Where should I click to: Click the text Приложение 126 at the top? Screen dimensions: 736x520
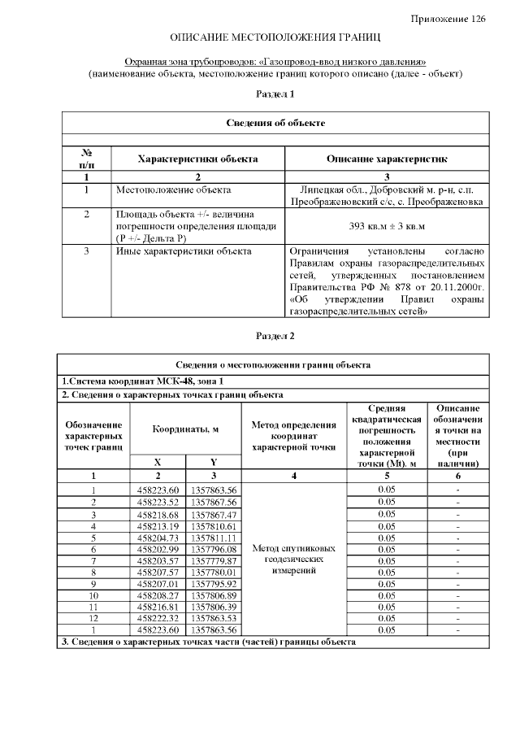tap(448, 19)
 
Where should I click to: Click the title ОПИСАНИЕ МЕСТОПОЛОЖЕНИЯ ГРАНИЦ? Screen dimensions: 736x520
tap(275, 37)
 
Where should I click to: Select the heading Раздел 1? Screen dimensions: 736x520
tap(275, 94)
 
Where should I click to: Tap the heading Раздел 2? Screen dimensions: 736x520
tap(275, 336)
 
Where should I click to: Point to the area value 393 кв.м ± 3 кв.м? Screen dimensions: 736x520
tap(387, 226)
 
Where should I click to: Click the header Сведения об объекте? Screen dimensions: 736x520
tap(275, 123)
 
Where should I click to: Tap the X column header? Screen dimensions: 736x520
tap(158, 462)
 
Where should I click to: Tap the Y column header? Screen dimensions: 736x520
tap(213, 462)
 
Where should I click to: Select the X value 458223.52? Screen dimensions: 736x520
tap(158, 502)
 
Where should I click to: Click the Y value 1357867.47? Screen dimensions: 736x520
tap(213, 514)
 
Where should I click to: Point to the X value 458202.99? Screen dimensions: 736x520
tap(158, 549)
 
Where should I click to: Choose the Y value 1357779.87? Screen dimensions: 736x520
tap(213, 560)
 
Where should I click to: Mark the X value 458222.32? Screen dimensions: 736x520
tap(158, 619)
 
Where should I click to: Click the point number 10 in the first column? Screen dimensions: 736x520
tap(93, 595)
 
